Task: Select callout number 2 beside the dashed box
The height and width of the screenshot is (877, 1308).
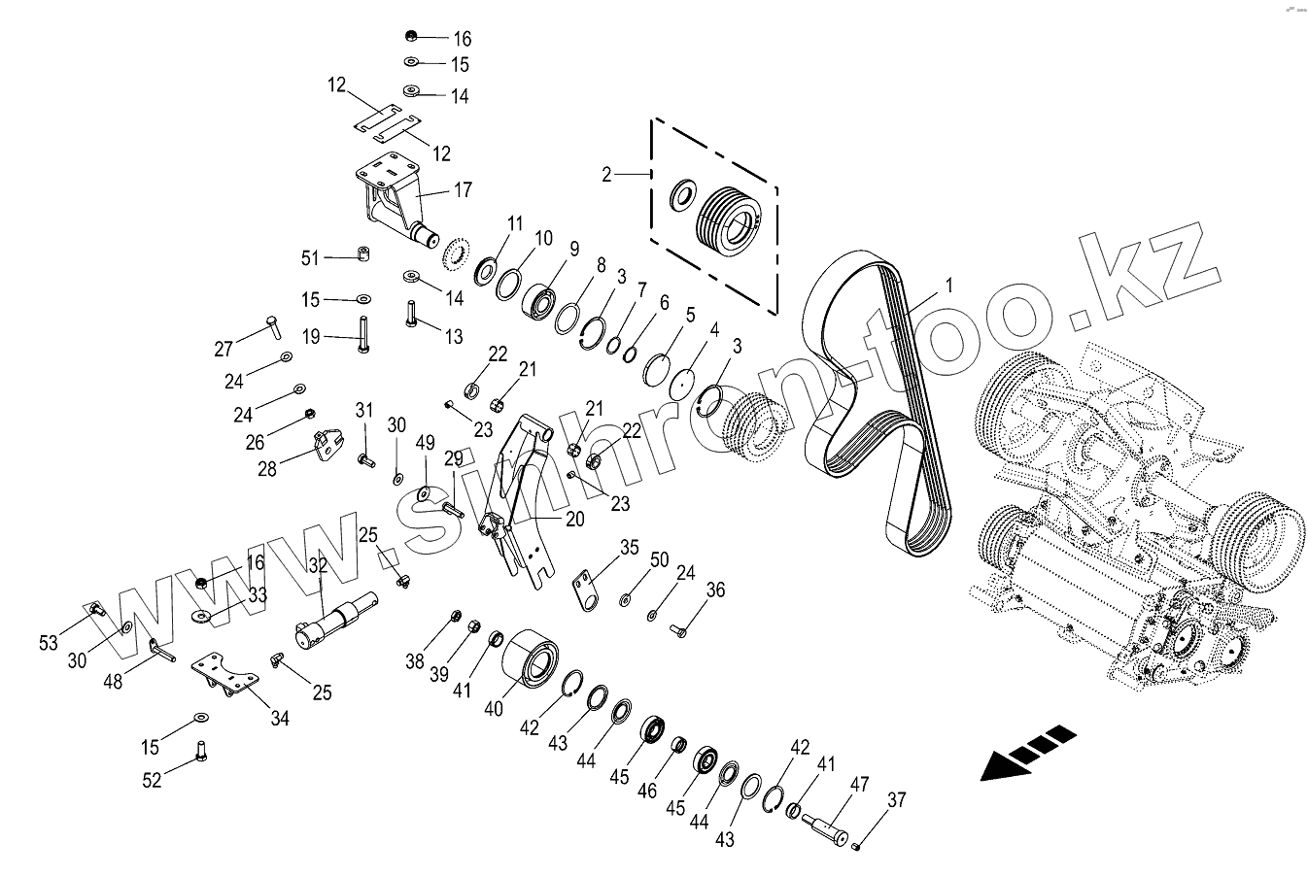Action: click(607, 175)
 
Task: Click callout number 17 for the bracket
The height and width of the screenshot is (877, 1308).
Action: click(462, 191)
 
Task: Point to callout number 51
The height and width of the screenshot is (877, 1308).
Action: click(310, 257)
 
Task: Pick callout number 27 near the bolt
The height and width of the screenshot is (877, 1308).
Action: click(224, 349)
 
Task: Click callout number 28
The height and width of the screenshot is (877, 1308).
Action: click(267, 468)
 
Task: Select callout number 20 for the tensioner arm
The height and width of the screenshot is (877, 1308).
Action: click(574, 519)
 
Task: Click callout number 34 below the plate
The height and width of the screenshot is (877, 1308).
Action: click(280, 719)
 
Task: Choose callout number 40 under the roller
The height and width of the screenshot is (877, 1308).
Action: click(494, 709)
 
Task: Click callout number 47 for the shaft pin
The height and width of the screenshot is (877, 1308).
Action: click(860, 785)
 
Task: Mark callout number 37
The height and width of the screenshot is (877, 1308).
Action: click(897, 800)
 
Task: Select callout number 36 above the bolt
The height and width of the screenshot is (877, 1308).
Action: click(715, 590)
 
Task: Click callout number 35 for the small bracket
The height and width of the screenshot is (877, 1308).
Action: click(630, 547)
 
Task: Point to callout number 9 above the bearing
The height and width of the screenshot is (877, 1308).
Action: click(574, 249)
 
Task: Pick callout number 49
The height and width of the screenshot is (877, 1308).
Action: click(425, 443)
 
